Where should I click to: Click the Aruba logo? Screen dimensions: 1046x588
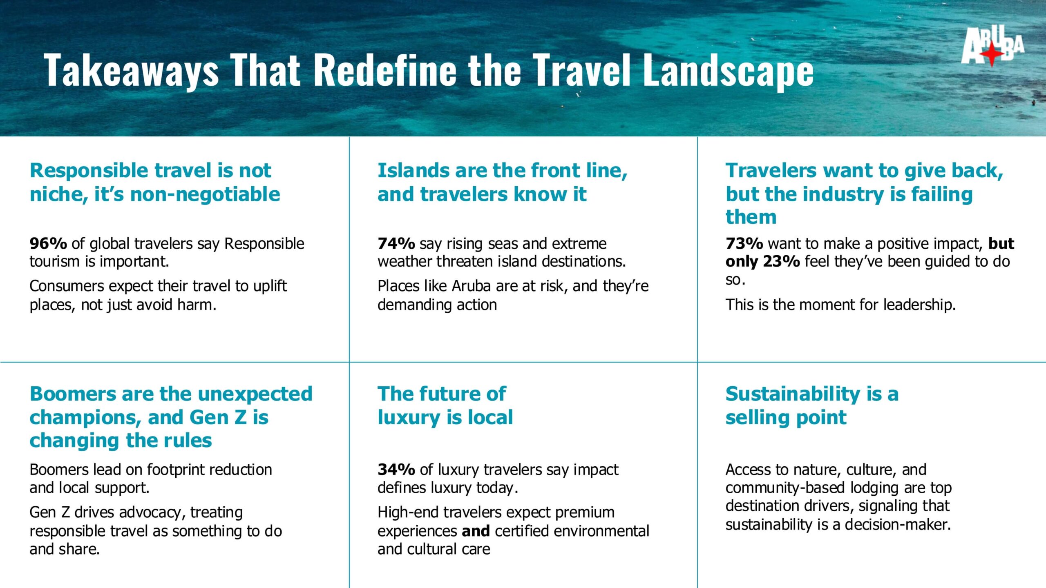[992, 46]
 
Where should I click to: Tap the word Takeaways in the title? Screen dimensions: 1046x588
[132, 70]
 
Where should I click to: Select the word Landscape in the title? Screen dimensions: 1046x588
[728, 70]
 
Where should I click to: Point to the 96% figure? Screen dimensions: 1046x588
[48, 243]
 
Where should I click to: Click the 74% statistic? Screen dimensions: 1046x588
[396, 243]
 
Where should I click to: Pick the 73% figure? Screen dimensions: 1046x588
[744, 243]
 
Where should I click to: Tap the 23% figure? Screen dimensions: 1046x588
[781, 261]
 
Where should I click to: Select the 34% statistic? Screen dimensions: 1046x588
[396, 470]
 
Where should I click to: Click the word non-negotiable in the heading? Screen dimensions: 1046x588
[205, 194]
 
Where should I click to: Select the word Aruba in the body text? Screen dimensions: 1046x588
[472, 286]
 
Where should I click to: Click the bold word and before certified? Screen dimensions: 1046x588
[476, 531]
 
